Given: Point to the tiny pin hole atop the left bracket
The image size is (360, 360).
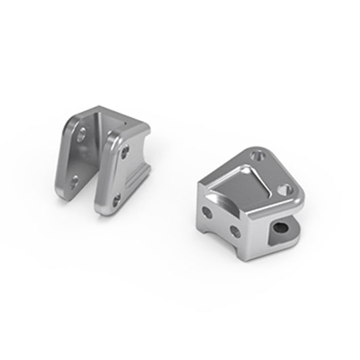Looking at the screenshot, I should click(x=124, y=123).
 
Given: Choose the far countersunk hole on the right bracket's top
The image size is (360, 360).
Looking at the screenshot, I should click(x=255, y=155).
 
